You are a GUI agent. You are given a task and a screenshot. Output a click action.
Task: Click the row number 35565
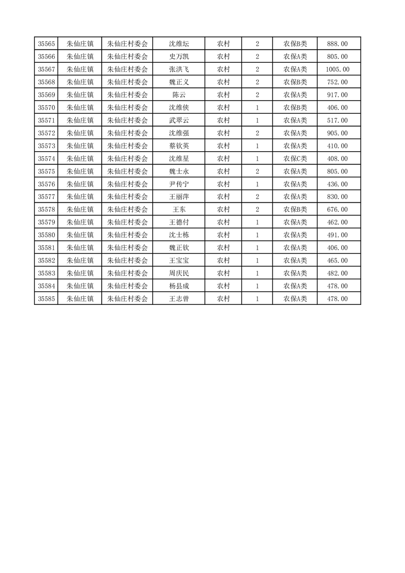tap(46, 44)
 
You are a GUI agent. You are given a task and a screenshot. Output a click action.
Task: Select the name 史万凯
tap(179, 57)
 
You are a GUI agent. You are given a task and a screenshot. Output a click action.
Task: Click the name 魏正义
tap(179, 82)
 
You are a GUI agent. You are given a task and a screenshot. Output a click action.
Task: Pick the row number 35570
tap(46, 108)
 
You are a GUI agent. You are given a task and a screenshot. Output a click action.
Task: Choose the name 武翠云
tap(179, 121)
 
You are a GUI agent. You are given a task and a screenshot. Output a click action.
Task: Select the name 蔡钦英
tap(179, 146)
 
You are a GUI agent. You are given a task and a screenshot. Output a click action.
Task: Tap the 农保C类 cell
tap(295, 159)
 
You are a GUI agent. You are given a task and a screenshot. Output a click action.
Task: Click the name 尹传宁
tap(179, 184)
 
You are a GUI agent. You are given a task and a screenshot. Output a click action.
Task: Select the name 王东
tap(179, 209)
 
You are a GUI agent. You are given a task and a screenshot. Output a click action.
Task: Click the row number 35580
tap(46, 235)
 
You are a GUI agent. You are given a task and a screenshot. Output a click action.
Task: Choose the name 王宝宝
tap(179, 260)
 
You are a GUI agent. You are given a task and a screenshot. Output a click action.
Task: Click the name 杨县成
tap(179, 286)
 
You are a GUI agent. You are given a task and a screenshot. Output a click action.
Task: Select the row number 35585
tap(46, 299)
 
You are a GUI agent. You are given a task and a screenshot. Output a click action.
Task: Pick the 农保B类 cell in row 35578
tap(295, 209)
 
